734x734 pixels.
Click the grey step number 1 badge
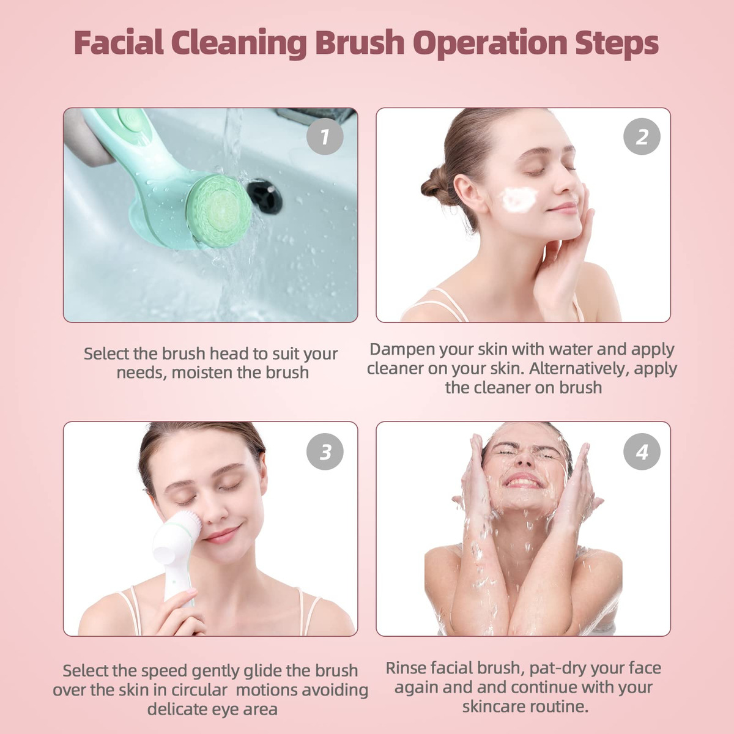(x=325, y=136)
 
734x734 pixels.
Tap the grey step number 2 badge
(x=642, y=136)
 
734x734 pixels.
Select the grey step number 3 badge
(x=325, y=451)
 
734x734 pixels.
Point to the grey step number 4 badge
(x=642, y=451)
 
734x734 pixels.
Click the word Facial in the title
(x=119, y=42)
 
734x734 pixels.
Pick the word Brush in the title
(x=360, y=42)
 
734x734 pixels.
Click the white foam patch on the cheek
(x=519, y=199)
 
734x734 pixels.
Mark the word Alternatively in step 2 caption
(x=575, y=368)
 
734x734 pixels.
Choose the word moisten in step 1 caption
(x=202, y=373)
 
